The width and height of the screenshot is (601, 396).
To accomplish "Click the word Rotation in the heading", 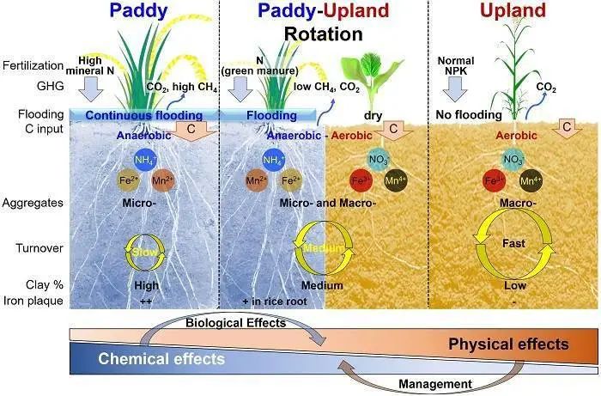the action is click(x=323, y=34).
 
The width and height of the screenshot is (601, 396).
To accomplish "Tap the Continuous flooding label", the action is click(x=143, y=115).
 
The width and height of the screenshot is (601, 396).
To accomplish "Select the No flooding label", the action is click(x=469, y=114).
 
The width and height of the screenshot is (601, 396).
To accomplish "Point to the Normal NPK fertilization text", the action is click(x=456, y=65).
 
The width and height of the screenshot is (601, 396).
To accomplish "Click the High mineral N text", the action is click(x=90, y=65).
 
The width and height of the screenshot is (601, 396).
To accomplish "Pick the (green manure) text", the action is click(x=259, y=71).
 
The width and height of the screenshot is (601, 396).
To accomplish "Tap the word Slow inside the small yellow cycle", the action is click(x=144, y=252).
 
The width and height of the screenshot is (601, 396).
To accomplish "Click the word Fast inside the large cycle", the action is click(x=513, y=243).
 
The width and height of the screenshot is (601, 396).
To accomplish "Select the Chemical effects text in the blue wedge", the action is click(x=161, y=359).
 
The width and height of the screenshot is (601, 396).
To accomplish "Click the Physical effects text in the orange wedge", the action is click(x=508, y=344).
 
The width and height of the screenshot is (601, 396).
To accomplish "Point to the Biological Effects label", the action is click(x=236, y=323).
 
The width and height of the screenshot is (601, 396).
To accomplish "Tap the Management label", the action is click(x=435, y=384).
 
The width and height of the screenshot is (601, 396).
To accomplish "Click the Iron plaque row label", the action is click(x=33, y=301).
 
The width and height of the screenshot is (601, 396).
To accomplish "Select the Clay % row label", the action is click(x=45, y=285).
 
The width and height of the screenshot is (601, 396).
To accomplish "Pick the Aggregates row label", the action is click(x=33, y=203).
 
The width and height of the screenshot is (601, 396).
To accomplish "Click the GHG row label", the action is click(x=50, y=86).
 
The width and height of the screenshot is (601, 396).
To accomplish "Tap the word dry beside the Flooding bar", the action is click(x=373, y=115).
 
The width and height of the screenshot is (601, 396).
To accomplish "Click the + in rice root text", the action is click(x=275, y=302).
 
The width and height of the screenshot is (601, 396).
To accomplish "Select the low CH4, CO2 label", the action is click(x=326, y=88).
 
